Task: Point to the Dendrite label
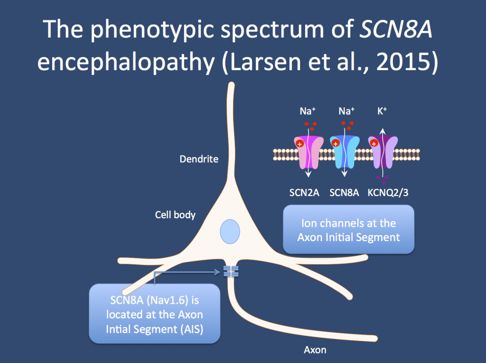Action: pos(199,159)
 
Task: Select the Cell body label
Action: pos(175,215)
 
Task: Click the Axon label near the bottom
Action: pos(315,350)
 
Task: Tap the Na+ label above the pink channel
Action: pos(308,112)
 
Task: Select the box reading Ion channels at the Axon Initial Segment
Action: pos(348,230)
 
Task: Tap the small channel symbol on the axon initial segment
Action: pos(231,271)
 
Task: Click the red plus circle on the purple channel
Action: pos(374,143)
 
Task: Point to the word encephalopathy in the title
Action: pos(126,62)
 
